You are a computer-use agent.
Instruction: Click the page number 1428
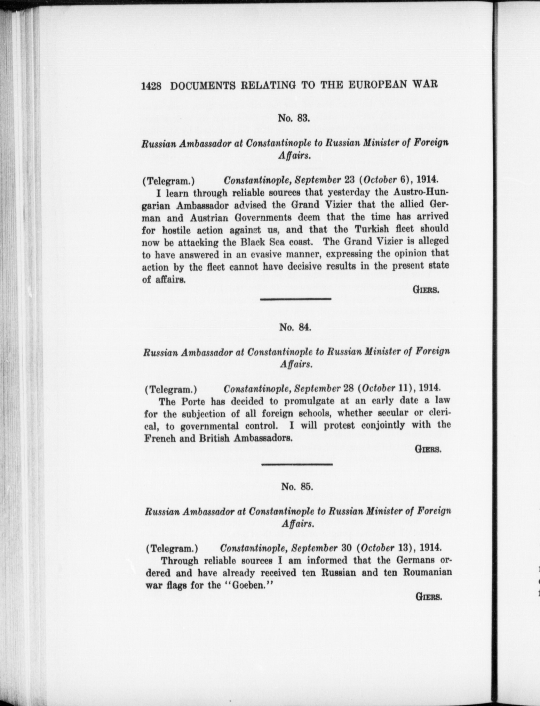(x=151, y=86)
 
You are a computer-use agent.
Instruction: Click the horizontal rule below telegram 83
(x=295, y=299)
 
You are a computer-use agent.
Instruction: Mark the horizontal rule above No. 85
(x=297, y=464)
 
